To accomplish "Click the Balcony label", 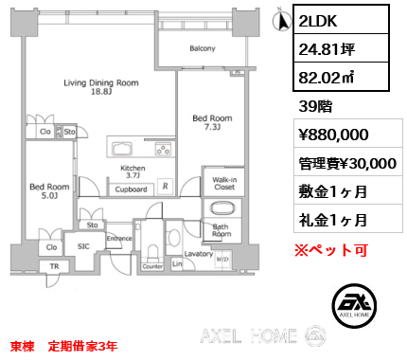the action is (x=203, y=48).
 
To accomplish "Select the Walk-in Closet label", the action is (x=224, y=183).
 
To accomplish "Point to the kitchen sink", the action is (x=122, y=149).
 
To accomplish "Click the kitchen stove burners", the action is (x=164, y=149).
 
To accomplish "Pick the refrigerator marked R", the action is (x=166, y=187).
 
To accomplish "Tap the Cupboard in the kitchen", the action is (x=131, y=189).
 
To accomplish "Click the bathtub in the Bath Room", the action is (x=222, y=208).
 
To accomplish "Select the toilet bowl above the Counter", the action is (x=152, y=252).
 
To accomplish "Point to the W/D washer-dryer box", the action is (x=222, y=260).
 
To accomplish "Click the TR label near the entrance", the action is (x=54, y=266).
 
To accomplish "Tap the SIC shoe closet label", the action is (x=83, y=246).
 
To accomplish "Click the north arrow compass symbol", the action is (x=282, y=20).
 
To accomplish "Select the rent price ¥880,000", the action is (x=333, y=135).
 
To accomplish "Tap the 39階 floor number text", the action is (x=315, y=106).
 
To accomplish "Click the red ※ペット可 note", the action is (x=331, y=250).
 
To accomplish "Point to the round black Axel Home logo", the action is (x=354, y=305).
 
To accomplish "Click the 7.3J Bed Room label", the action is (x=212, y=122).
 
